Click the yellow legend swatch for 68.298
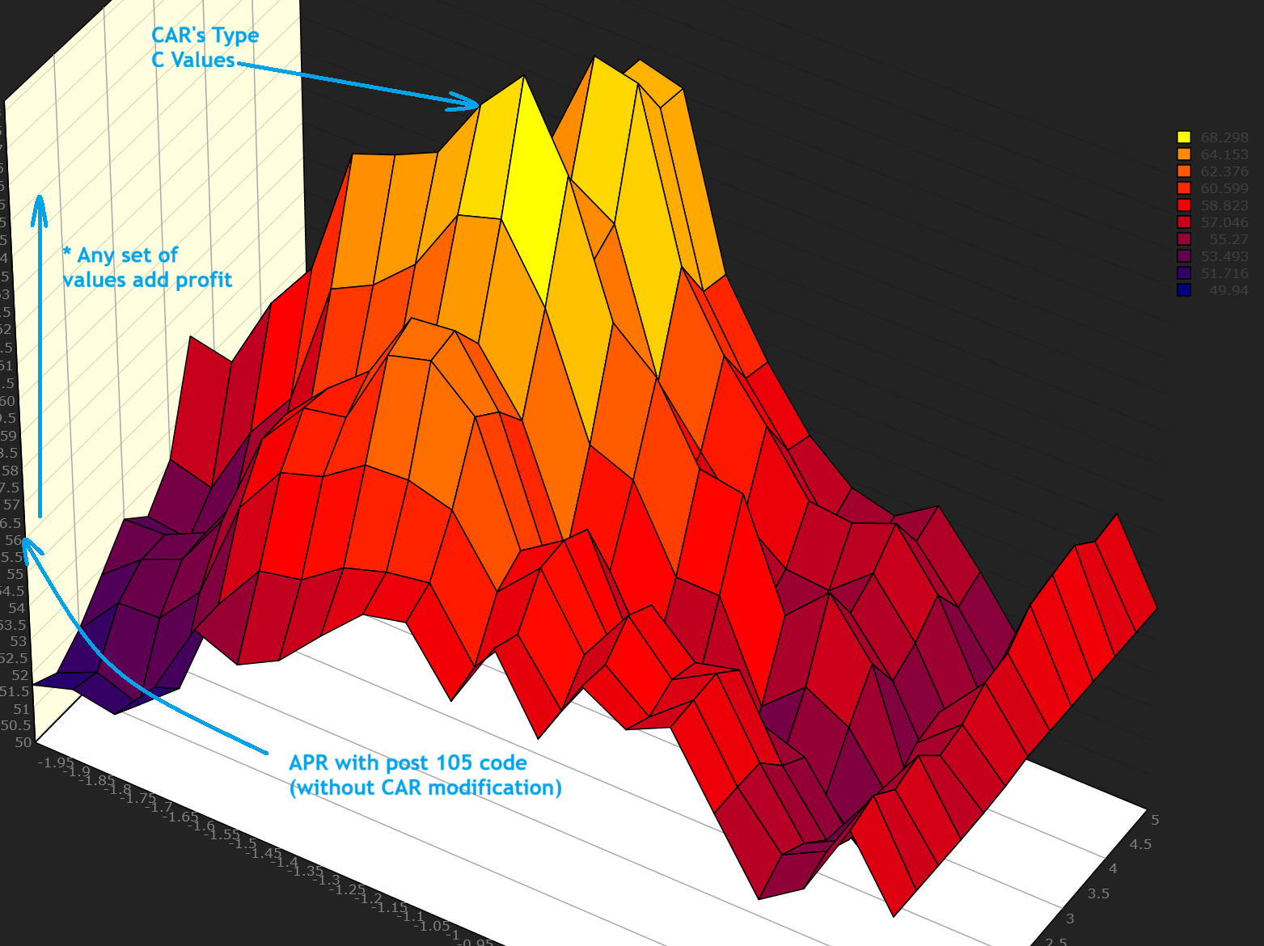[x=1184, y=137]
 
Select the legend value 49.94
[x=1228, y=290]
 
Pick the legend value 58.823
[x=1224, y=205]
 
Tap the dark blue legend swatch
[x=1184, y=290]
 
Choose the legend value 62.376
[x=1224, y=171]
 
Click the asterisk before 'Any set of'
[x=67, y=253]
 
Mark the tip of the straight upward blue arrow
[x=39, y=197]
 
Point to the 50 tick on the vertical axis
[x=23, y=742]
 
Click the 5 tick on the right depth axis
[x=1155, y=820]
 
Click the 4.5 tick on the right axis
[x=1140, y=844]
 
